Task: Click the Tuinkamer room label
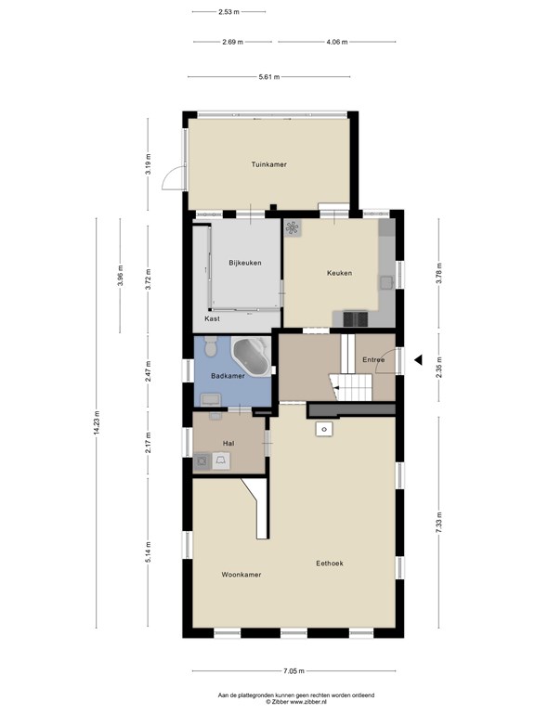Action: (268, 164)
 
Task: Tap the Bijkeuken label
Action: (245, 263)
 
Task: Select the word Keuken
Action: (339, 273)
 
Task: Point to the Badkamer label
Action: (228, 376)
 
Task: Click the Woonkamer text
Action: (241, 575)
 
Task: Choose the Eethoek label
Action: (330, 564)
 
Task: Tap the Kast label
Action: (212, 318)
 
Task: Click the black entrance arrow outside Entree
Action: (418, 359)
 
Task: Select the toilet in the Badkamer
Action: (211, 346)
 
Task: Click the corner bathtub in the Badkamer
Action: (251, 356)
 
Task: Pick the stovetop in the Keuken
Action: (355, 318)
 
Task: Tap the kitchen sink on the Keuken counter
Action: (386, 283)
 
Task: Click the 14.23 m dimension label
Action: (97, 423)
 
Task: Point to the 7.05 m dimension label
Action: (294, 670)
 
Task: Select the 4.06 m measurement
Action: (337, 42)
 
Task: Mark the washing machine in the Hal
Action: (202, 461)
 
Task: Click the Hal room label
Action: (228, 444)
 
